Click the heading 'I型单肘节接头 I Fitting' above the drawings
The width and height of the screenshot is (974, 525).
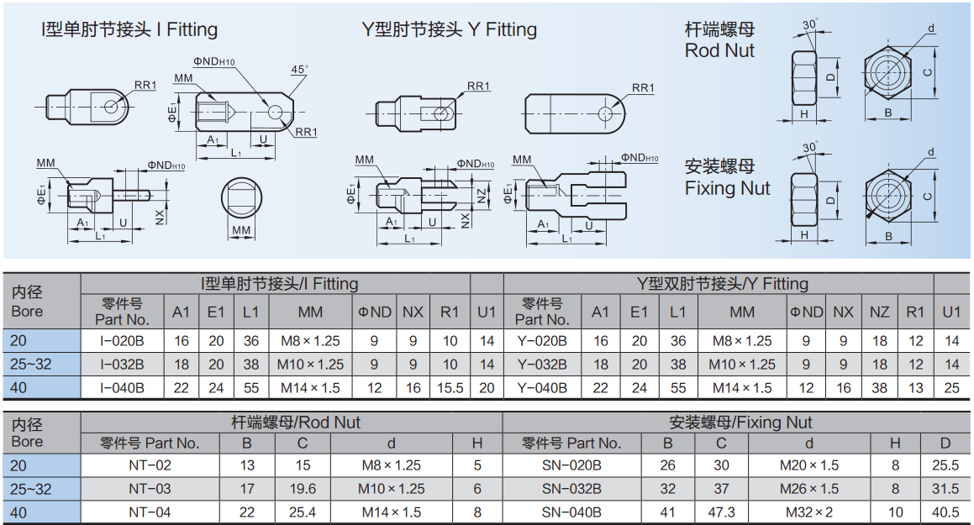[129, 29]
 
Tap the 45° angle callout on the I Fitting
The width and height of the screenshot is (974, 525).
[299, 69]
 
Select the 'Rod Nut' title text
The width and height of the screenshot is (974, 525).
[719, 51]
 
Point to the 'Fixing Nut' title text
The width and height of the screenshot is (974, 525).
[727, 188]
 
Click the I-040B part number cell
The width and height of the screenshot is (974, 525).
[123, 388]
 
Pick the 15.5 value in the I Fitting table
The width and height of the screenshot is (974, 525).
[450, 388]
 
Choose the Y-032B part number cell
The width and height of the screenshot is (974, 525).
[542, 365]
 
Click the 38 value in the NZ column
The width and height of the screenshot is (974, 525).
[879, 388]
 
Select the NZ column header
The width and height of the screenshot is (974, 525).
[879, 312]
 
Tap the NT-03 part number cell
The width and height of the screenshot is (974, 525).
[150, 489]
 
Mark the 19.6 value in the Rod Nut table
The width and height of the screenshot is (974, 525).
[303, 489]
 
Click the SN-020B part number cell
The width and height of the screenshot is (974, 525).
[571, 465]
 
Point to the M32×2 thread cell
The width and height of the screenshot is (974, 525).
[808, 512]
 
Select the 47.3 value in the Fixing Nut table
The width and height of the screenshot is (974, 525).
[721, 512]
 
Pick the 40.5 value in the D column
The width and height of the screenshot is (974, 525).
[945, 512]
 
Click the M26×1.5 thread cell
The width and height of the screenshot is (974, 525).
[808, 489]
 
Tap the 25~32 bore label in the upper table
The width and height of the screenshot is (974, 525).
[30, 365]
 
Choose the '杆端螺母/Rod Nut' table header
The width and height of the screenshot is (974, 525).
[296, 423]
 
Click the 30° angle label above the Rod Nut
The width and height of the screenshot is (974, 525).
[810, 24]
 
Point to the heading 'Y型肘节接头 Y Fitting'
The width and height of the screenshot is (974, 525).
[449, 29]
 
